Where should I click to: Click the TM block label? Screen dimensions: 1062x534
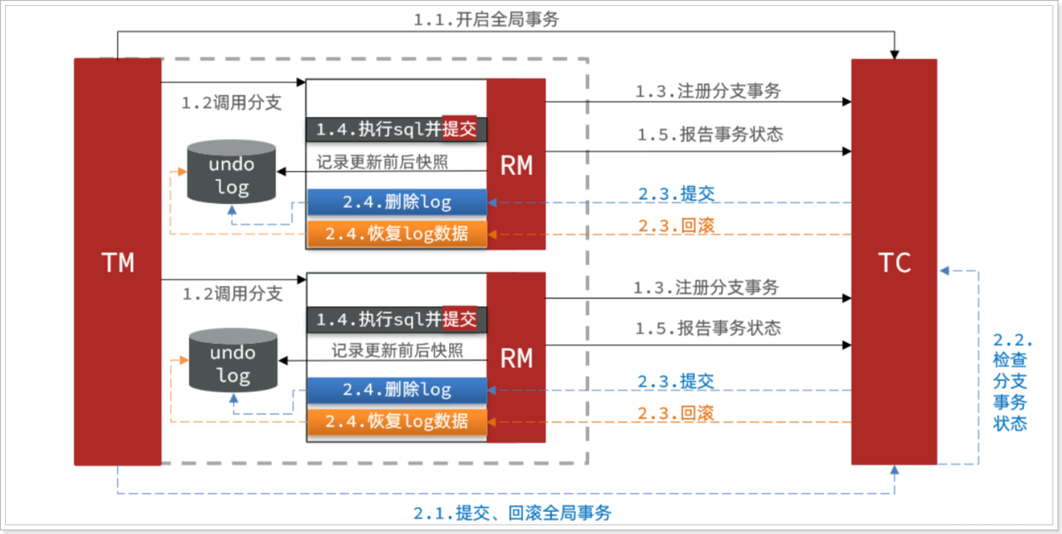117,262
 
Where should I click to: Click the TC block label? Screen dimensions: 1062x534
894,262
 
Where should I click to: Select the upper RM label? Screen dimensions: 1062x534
516,165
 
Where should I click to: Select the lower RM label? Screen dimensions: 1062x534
516,358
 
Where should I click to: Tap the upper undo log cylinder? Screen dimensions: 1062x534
231,171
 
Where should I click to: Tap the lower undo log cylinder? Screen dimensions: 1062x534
233,360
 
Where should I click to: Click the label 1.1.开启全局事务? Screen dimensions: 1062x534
486,20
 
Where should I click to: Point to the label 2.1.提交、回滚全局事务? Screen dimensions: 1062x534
512,513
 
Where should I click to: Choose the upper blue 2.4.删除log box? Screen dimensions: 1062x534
397,203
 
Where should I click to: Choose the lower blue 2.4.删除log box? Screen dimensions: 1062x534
397,390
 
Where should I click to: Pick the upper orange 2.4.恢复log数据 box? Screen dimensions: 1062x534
397,234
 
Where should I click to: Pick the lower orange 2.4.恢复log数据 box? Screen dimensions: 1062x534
397,421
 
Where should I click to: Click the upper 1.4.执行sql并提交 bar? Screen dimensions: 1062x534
397,130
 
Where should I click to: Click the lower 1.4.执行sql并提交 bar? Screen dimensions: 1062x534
397,319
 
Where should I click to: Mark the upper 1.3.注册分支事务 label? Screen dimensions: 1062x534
708,91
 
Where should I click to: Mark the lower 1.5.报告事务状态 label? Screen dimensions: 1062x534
708,328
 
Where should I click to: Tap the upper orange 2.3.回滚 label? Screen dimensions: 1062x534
676,226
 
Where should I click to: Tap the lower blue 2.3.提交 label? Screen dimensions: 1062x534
676,382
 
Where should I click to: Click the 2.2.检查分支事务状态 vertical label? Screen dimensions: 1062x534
1011,382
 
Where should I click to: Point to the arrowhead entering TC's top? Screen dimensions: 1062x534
894,55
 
